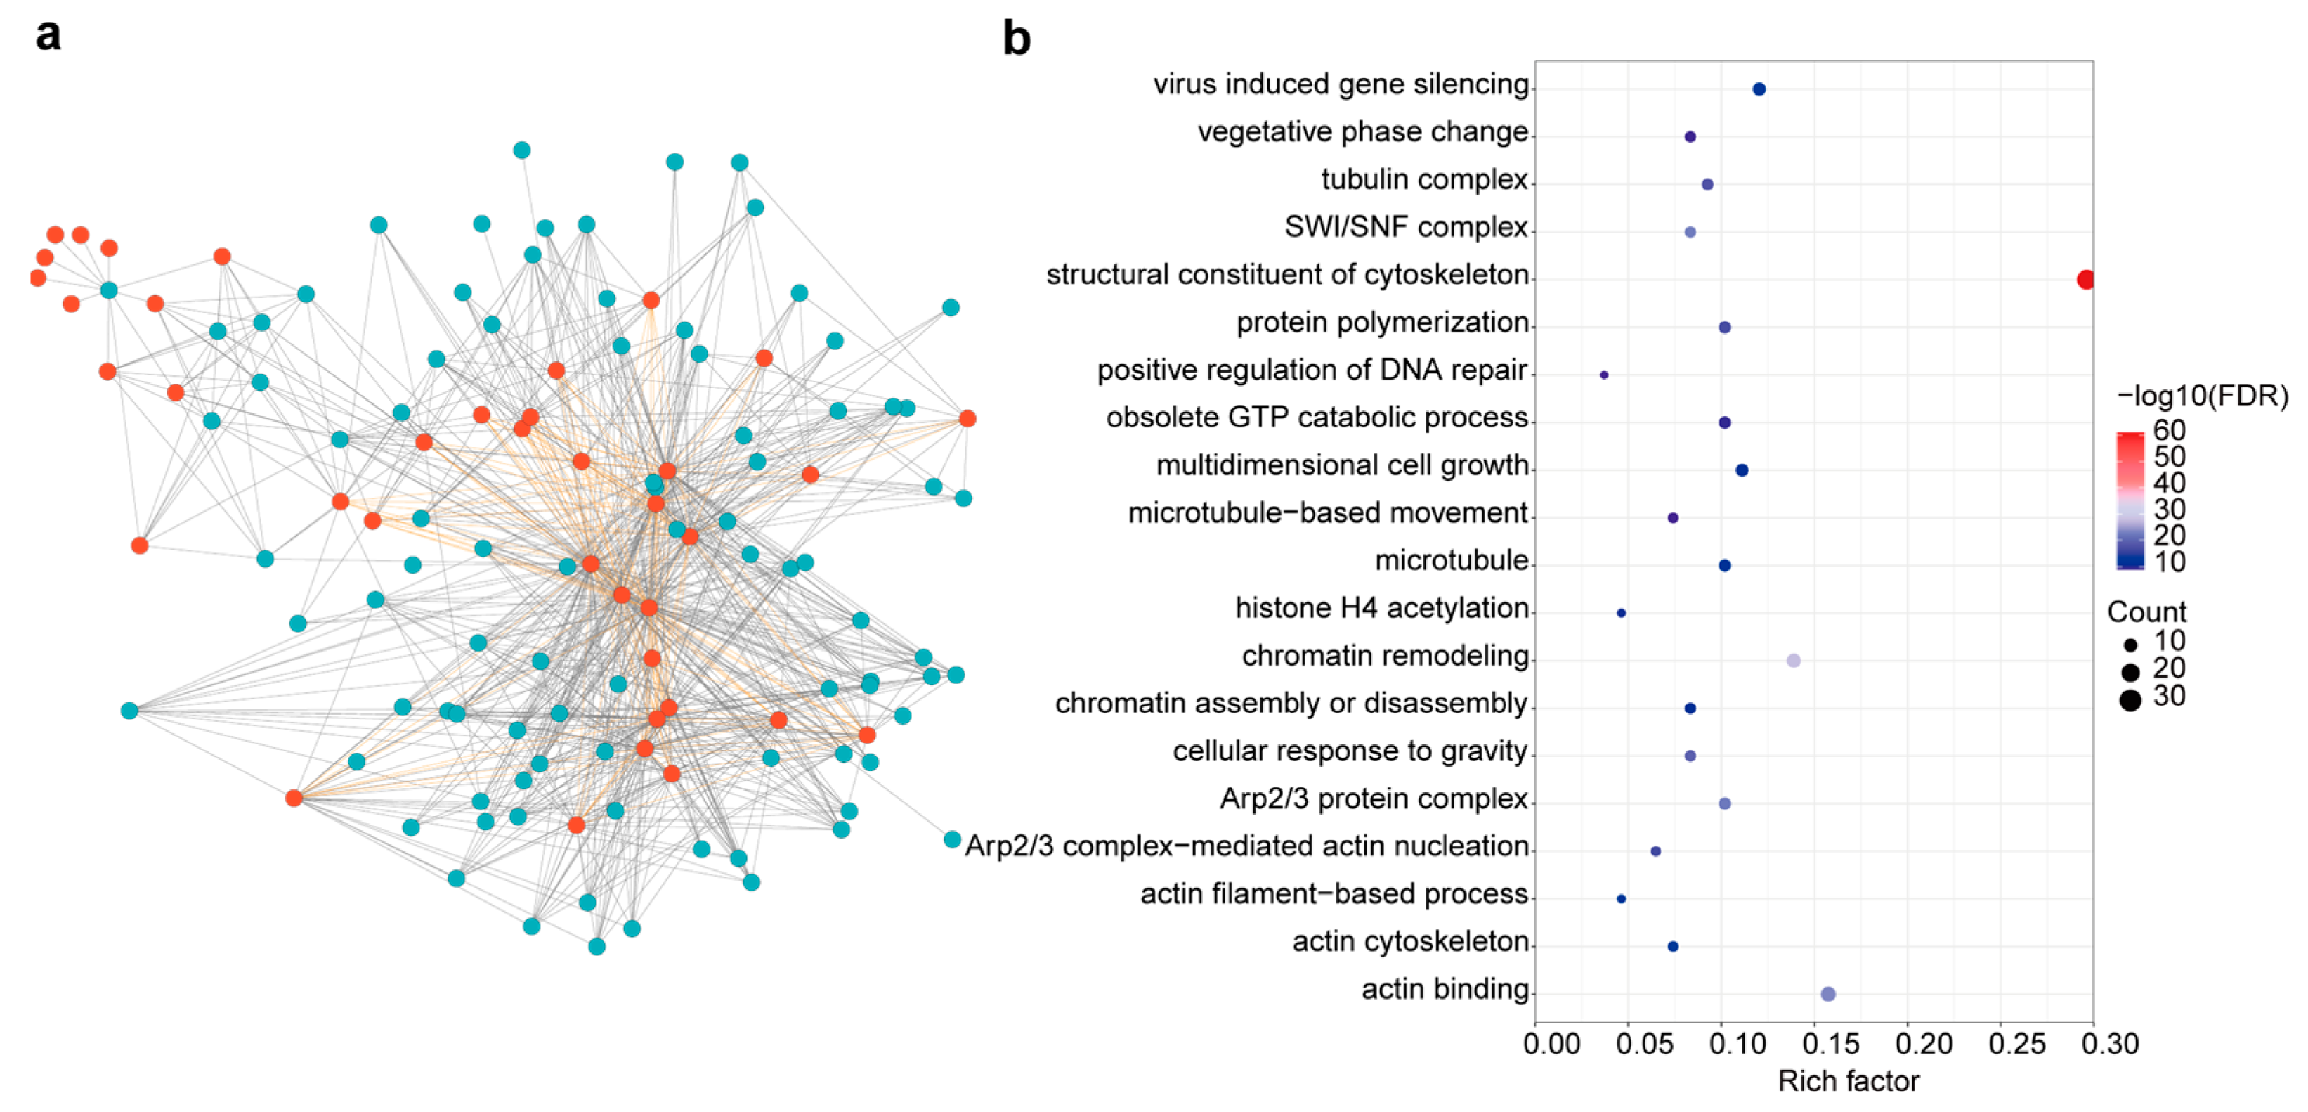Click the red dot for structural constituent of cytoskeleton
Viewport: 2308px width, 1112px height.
coord(2085,280)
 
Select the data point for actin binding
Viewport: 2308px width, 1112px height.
coord(1827,994)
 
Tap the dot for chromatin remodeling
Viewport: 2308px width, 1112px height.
coord(1793,661)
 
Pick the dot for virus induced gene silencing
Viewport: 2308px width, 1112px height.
coord(1759,89)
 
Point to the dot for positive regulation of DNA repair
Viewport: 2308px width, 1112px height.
coord(1604,375)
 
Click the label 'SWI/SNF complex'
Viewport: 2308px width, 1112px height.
coord(1405,227)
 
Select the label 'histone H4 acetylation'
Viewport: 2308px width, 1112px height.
coord(1381,607)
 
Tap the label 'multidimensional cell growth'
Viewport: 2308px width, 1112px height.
coord(1341,465)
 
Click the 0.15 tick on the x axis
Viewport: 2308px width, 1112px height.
coord(1830,1043)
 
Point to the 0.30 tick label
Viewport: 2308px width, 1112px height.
coord(2109,1043)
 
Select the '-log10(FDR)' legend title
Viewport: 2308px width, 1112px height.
coord(2201,395)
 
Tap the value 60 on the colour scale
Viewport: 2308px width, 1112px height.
coord(2169,430)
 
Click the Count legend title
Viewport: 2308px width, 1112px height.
coord(2146,612)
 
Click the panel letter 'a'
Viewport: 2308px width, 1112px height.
coord(48,36)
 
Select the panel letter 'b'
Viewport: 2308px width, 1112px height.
coord(1016,39)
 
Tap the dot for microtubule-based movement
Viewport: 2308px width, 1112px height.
coord(1672,518)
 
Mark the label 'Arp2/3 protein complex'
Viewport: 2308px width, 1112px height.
coord(1373,799)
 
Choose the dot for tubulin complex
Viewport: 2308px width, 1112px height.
coord(1707,185)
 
